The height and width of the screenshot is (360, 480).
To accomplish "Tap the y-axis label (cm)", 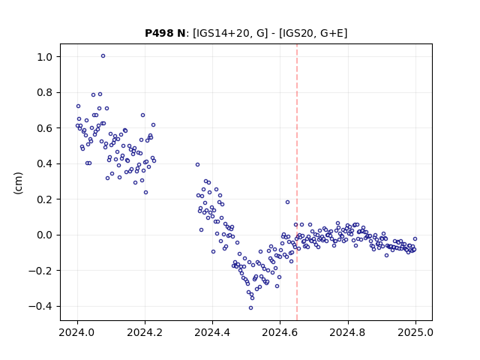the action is coord(18,183).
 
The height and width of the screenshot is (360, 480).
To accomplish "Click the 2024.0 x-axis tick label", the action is coord(77,332).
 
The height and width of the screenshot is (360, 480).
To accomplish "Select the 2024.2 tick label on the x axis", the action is coord(145,332).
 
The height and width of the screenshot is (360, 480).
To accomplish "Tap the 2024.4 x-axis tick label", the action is coord(212,332).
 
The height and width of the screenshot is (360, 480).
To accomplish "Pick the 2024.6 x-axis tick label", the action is coord(280,332).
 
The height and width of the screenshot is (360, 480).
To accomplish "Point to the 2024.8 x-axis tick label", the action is coord(348,332).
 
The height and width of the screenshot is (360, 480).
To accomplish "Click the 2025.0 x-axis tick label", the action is coord(415,332).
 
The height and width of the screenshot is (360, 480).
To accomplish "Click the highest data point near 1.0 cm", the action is coord(103,56).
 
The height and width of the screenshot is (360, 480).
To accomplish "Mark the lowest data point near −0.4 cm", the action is coord(251,308).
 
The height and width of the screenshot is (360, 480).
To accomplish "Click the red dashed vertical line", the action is coord(297,182).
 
